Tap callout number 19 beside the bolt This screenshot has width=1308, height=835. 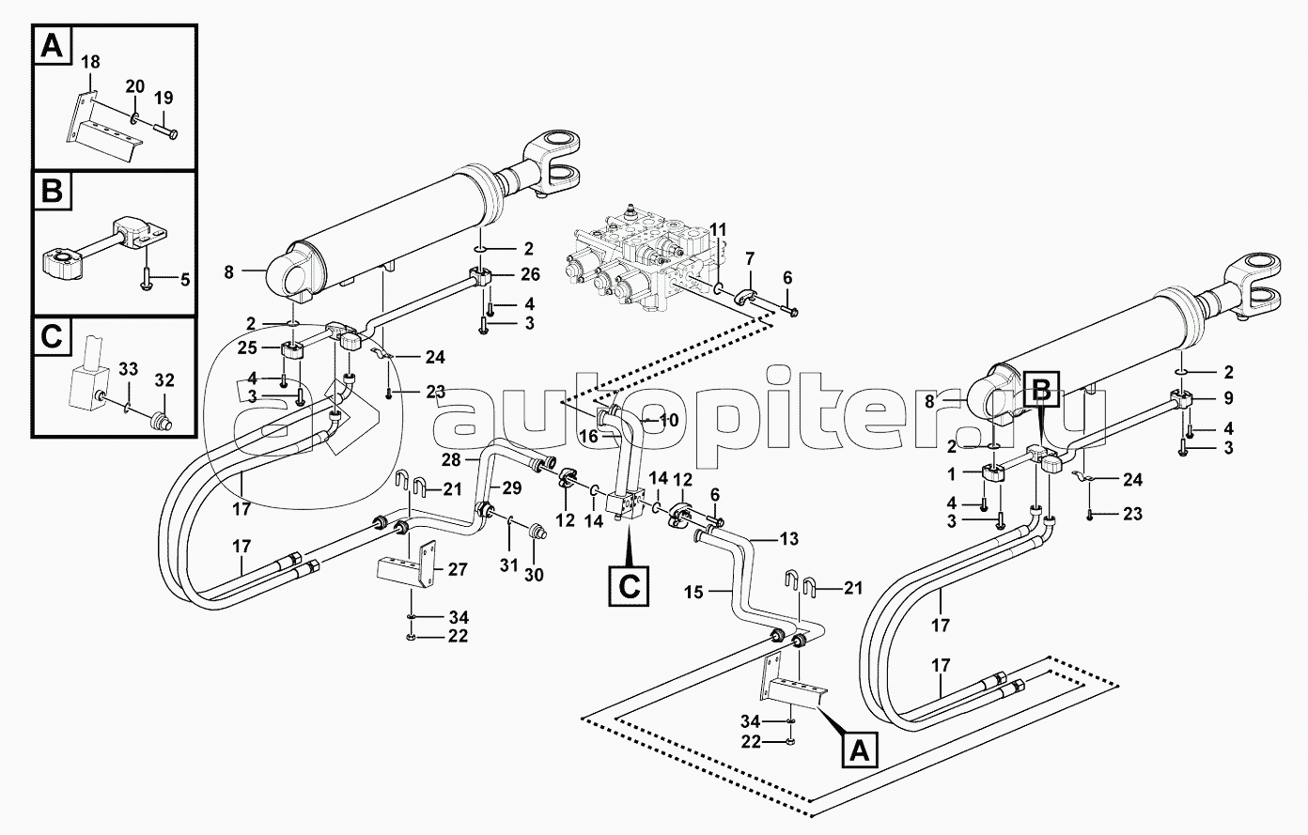click(x=163, y=97)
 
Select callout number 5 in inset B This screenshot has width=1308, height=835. click(x=185, y=279)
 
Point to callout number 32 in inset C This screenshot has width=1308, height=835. click(x=164, y=380)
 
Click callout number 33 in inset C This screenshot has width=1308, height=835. click(x=129, y=368)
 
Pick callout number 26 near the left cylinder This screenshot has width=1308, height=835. click(x=530, y=275)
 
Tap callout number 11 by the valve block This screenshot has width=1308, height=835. click(x=718, y=229)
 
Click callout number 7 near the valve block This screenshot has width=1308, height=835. click(x=750, y=257)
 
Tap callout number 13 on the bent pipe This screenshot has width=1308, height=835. click(x=789, y=538)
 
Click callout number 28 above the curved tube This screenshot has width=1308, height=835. click(x=452, y=461)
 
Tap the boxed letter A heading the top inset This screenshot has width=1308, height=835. click(x=53, y=45)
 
